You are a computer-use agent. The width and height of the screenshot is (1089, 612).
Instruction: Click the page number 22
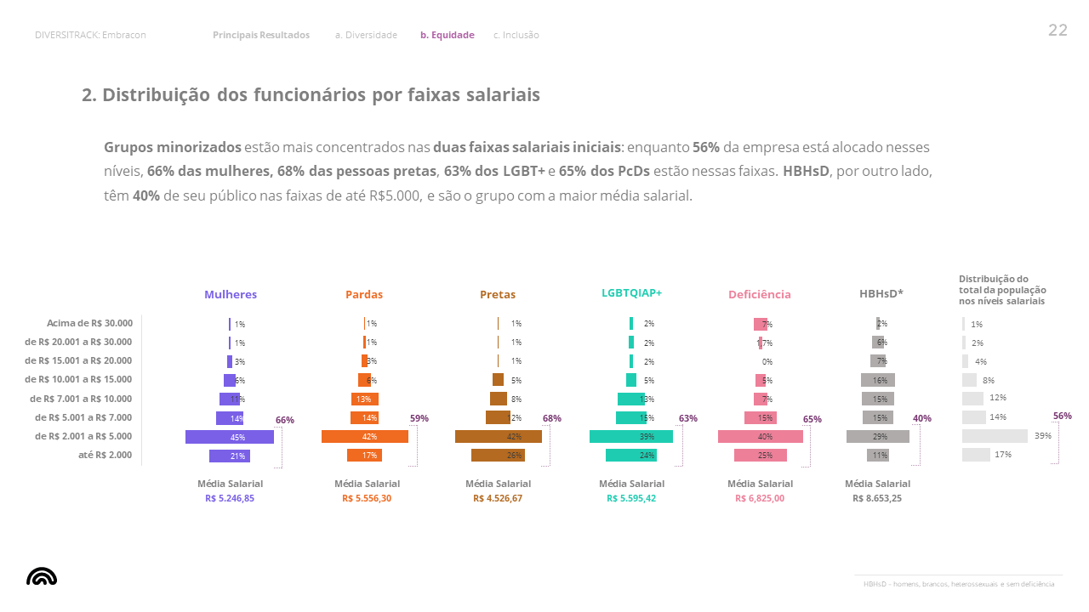pyautogui.click(x=1058, y=31)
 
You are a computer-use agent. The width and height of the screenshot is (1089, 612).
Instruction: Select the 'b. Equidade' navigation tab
pyautogui.click(x=447, y=35)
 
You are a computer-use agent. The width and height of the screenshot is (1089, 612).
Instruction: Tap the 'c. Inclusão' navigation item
pyautogui.click(x=516, y=35)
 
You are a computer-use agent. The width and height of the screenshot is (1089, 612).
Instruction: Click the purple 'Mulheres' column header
pyautogui.click(x=230, y=295)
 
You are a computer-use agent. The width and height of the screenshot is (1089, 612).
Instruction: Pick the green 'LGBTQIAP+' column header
pyautogui.click(x=631, y=292)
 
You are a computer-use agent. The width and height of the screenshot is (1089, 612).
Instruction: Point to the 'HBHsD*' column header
pyautogui.click(x=881, y=294)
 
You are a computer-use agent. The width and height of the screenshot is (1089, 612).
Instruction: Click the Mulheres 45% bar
pyautogui.click(x=230, y=437)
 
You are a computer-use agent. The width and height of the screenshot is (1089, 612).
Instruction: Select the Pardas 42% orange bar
pyautogui.click(x=365, y=437)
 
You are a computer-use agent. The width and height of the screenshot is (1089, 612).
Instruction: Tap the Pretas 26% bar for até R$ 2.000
pyautogui.click(x=498, y=456)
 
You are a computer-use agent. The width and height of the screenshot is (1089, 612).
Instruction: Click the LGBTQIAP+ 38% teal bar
pyautogui.click(x=631, y=437)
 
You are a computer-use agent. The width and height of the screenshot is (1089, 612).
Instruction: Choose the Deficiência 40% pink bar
pyautogui.click(x=761, y=437)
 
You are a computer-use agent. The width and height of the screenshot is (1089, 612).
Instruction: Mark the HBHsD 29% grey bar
pyautogui.click(x=878, y=437)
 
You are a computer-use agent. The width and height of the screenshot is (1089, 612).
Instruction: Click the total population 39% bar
pyautogui.click(x=995, y=436)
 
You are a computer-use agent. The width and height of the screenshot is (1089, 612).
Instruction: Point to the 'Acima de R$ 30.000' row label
pyautogui.click(x=89, y=323)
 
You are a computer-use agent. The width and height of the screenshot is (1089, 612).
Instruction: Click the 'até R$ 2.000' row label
pyautogui.click(x=105, y=456)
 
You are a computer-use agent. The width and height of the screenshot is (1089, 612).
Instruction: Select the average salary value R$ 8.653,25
pyautogui.click(x=876, y=499)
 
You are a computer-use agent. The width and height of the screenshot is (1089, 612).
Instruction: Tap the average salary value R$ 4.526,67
pyautogui.click(x=498, y=499)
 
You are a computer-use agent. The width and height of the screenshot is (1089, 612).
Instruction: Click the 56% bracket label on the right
pyautogui.click(x=1062, y=416)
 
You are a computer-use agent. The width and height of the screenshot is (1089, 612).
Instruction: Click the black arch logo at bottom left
pyautogui.click(x=42, y=576)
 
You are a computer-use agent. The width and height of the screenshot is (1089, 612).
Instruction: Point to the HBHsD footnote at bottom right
pyautogui.click(x=958, y=584)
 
